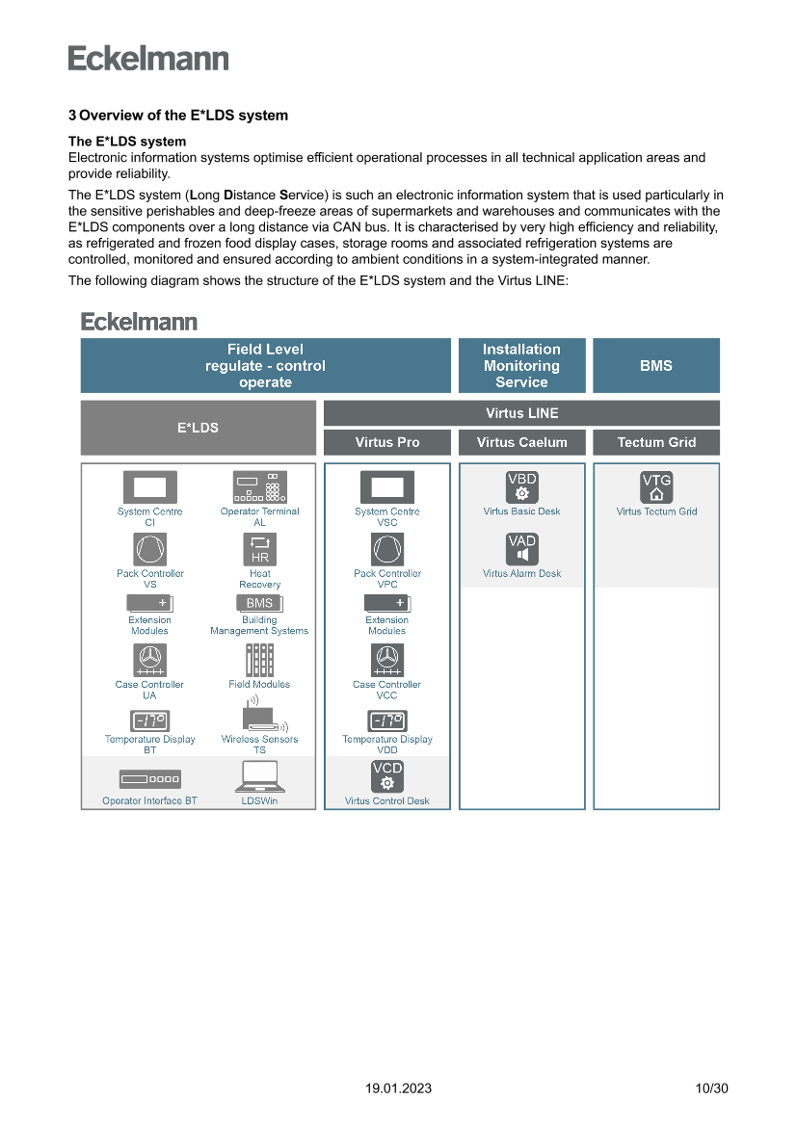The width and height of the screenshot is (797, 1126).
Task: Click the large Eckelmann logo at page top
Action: click(x=148, y=59)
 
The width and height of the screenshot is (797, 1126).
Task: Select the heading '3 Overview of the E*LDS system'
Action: click(x=177, y=116)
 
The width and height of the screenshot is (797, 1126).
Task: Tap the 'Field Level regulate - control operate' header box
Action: click(x=265, y=366)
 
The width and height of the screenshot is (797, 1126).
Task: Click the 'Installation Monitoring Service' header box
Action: click(x=521, y=366)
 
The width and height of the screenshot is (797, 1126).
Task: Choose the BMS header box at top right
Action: click(x=655, y=366)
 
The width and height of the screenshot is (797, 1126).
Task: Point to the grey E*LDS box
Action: click(x=198, y=428)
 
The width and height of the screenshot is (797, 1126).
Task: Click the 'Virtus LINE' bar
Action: click(x=521, y=413)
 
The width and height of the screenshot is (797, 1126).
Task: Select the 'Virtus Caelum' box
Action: click(x=521, y=443)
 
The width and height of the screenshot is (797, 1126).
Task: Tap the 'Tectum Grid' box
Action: click(x=655, y=443)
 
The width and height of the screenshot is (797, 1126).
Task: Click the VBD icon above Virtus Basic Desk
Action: click(x=521, y=486)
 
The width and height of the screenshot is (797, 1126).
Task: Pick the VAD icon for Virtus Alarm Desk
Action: click(x=521, y=549)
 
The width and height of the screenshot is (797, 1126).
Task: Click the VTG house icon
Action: click(x=656, y=486)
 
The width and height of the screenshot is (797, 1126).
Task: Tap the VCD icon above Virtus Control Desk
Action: click(x=387, y=776)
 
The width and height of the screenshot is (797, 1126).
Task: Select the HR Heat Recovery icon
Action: click(x=260, y=549)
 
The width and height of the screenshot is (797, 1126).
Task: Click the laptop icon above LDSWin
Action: click(x=259, y=776)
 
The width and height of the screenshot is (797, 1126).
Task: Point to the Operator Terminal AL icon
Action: click(x=260, y=486)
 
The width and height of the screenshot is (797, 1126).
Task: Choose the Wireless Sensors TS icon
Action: click(x=260, y=719)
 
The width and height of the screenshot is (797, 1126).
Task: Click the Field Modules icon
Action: click(x=259, y=661)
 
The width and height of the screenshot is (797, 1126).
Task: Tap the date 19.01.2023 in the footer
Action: click(x=398, y=1088)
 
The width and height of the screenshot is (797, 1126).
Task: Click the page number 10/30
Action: click(x=711, y=1088)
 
